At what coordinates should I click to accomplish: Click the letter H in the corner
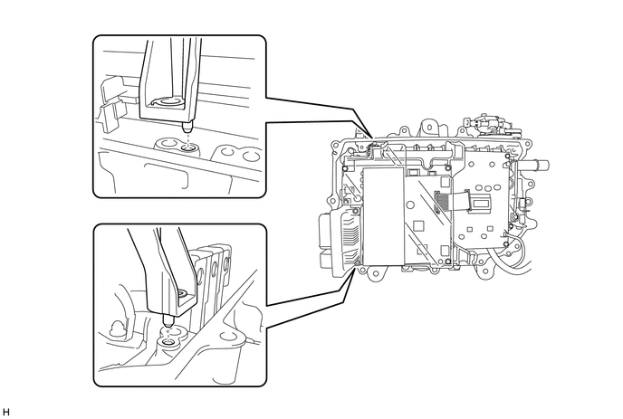5,412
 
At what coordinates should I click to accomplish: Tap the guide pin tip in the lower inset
168,320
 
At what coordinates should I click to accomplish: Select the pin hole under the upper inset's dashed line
187,148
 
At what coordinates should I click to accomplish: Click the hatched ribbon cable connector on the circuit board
439,203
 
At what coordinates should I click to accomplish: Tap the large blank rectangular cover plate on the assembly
383,215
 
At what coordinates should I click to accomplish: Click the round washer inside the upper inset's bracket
168,102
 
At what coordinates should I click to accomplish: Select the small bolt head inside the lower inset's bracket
184,294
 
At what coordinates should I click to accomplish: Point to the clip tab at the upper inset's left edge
110,105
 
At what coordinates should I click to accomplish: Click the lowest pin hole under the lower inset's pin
169,343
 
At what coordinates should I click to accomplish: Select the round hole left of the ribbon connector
411,205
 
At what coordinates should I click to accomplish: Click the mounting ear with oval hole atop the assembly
428,128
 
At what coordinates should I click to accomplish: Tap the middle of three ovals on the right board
487,187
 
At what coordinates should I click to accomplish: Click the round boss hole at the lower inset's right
228,337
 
